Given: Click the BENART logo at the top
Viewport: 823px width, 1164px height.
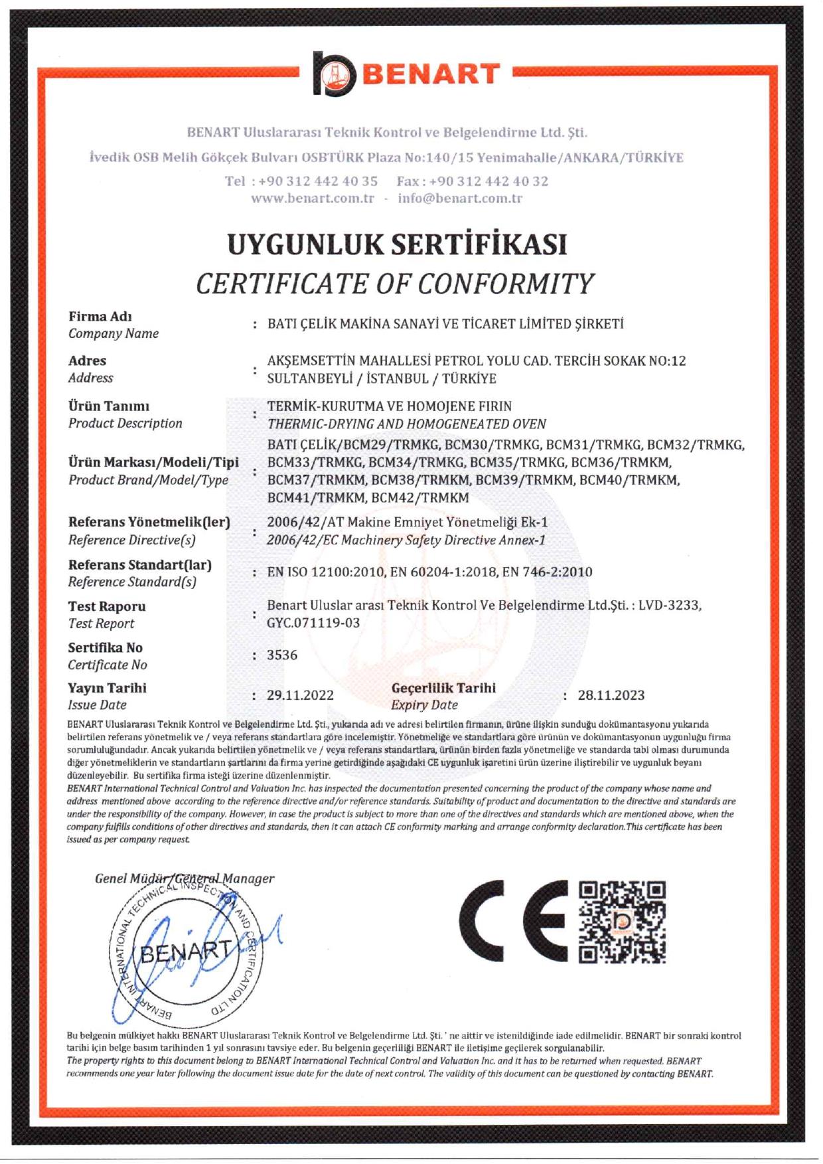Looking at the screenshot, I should (406, 74).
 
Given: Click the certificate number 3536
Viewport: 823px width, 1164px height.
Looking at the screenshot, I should (282, 655).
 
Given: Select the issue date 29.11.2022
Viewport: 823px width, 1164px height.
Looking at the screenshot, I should (300, 695).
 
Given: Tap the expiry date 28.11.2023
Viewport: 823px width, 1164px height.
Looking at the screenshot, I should (611, 695).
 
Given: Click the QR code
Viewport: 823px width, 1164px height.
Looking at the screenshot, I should (622, 922).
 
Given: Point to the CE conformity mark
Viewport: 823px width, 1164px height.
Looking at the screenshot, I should (513, 921).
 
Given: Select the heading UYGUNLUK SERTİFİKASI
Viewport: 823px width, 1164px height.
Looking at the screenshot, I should (397, 244).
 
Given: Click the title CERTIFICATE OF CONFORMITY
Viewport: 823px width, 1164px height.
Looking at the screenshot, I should (395, 284).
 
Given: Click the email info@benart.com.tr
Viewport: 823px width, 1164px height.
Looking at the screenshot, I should (460, 199).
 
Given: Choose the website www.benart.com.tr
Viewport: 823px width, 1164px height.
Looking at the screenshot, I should (313, 199).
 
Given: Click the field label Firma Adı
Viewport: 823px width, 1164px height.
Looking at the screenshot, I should (100, 317).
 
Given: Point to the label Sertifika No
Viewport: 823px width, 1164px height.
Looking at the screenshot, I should (105, 647).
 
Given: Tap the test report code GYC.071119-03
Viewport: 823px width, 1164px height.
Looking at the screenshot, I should (313, 623).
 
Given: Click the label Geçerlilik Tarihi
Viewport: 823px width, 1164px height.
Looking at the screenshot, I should (443, 688).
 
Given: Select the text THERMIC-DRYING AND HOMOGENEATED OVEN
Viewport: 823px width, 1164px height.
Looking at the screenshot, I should (407, 424).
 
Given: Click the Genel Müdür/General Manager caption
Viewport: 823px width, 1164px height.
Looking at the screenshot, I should (184, 878).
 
